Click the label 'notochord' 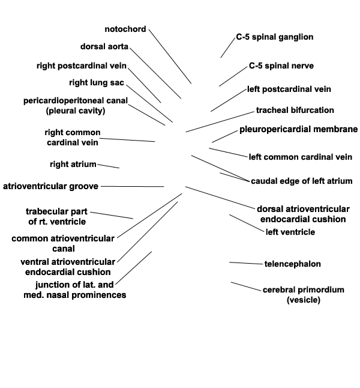click(125, 29)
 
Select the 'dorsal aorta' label click(104, 47)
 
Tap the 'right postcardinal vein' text click(81, 65)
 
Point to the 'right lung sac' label click(97, 82)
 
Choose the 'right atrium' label click(73, 164)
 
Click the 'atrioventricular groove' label click(51, 186)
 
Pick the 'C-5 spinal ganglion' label click(274, 37)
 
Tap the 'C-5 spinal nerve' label click(281, 65)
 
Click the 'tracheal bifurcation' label click(295, 111)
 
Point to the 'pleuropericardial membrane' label click(298, 129)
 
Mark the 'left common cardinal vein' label click(300, 157)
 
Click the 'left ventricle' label click(290, 232)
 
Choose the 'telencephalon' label click(292, 264)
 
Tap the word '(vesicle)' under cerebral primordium click(303, 300)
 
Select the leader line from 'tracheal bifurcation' click(220, 121)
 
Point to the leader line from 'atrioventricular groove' click(132, 186)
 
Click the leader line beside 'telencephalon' click(246, 263)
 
